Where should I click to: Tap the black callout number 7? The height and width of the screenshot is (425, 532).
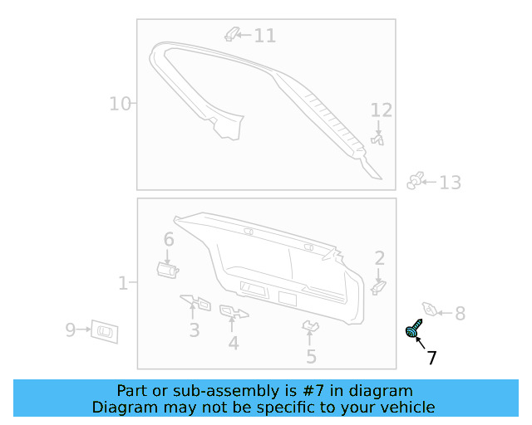(x=431, y=359)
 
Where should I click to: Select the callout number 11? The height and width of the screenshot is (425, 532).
(x=264, y=36)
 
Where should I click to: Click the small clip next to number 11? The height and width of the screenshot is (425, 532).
(x=233, y=34)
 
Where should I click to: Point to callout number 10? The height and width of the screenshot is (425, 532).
(x=120, y=104)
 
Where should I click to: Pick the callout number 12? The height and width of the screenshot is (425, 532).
(x=381, y=110)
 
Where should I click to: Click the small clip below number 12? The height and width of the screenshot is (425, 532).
(x=379, y=140)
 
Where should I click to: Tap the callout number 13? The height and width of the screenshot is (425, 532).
(x=450, y=183)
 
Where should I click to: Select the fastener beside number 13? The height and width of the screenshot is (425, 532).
(x=416, y=181)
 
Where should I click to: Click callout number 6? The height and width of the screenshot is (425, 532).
(x=169, y=239)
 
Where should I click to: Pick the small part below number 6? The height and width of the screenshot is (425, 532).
(x=168, y=267)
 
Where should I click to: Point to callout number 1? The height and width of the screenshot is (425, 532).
(x=122, y=284)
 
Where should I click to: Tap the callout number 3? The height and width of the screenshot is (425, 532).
(x=194, y=330)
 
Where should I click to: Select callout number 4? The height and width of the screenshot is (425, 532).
(x=234, y=342)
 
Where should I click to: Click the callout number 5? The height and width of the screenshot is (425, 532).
(x=311, y=357)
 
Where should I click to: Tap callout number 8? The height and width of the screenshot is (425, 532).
(x=460, y=314)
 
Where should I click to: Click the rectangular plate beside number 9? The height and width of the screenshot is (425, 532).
(x=105, y=330)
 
